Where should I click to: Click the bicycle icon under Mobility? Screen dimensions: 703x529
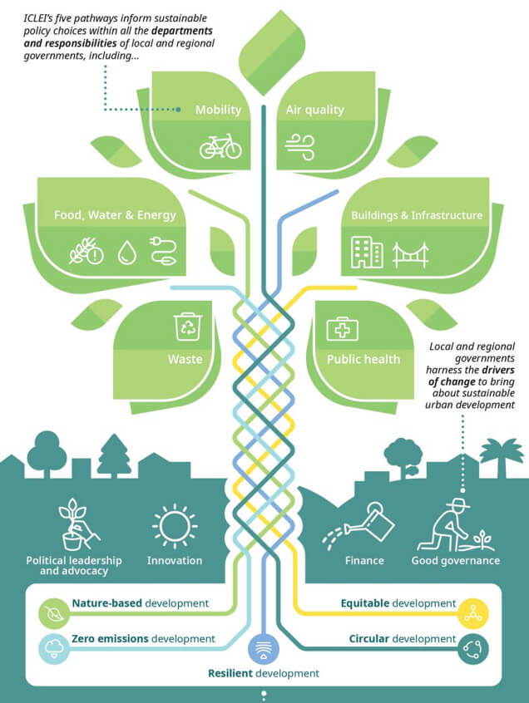click(220, 146)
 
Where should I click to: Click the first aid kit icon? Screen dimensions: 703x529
click(341, 329)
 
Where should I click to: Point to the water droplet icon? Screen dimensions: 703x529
click(126, 251)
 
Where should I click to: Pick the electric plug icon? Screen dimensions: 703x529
click(162, 250)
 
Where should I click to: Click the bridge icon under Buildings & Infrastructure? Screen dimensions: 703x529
click(410, 253)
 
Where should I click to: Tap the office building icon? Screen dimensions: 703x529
click(367, 252)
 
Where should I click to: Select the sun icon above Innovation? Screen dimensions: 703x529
click(175, 525)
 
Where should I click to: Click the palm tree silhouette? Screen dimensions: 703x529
click(502, 456)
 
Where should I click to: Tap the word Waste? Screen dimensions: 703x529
click(185, 360)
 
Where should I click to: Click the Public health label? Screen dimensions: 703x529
click(363, 360)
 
